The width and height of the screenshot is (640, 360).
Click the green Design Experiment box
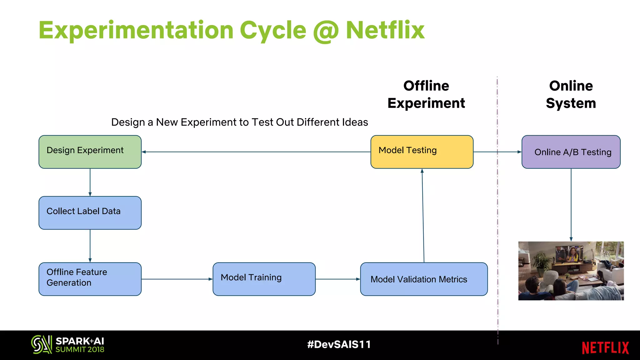click(90, 152)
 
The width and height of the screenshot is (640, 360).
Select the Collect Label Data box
click(90, 213)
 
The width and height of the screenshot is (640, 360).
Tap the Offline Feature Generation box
click(90, 279)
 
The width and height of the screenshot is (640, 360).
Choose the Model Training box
click(264, 279)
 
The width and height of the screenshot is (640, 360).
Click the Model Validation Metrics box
click(424, 279)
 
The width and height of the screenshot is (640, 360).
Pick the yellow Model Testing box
click(422, 152)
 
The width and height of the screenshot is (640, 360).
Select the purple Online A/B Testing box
click(571, 152)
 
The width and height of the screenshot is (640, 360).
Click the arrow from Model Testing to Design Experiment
click(256, 152)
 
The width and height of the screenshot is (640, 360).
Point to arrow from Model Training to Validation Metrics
click(337, 279)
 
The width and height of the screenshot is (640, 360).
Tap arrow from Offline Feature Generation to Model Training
click(177, 279)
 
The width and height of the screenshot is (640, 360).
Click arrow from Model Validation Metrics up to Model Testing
click(423, 216)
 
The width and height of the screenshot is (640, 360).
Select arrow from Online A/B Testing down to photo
click(571, 205)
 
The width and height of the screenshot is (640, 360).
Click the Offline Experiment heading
click(426, 94)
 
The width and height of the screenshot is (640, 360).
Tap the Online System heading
click(571, 94)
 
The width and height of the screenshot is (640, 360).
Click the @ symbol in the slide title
click(326, 31)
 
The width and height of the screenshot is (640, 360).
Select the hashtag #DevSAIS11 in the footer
click(339, 344)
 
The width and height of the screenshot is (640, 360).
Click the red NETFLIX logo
click(605, 348)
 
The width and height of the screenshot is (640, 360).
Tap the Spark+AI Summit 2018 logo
click(68, 345)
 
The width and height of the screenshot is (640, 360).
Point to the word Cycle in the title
click(273, 31)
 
